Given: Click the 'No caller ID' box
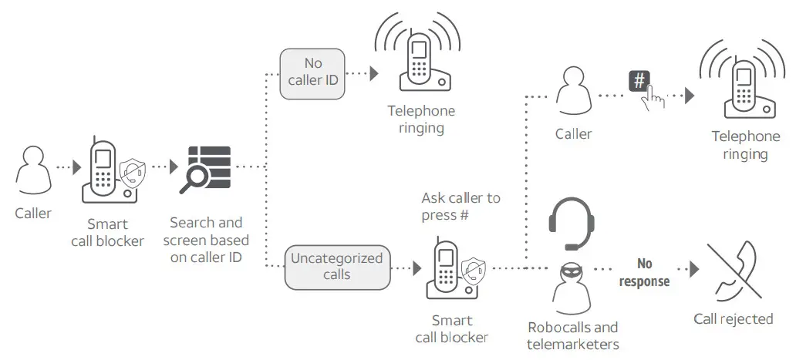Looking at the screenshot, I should (x=312, y=73).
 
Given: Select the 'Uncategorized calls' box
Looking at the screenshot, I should (x=336, y=267).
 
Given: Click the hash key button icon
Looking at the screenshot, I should (x=639, y=81).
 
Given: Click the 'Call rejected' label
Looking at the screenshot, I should (x=733, y=319).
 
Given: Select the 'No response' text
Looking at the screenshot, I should (x=644, y=273).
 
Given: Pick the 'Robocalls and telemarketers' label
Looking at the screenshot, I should (x=573, y=335).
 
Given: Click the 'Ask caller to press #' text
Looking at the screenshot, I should (x=460, y=207).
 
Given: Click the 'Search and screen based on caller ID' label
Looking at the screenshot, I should (x=206, y=240).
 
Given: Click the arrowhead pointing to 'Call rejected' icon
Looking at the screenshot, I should (x=694, y=269).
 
